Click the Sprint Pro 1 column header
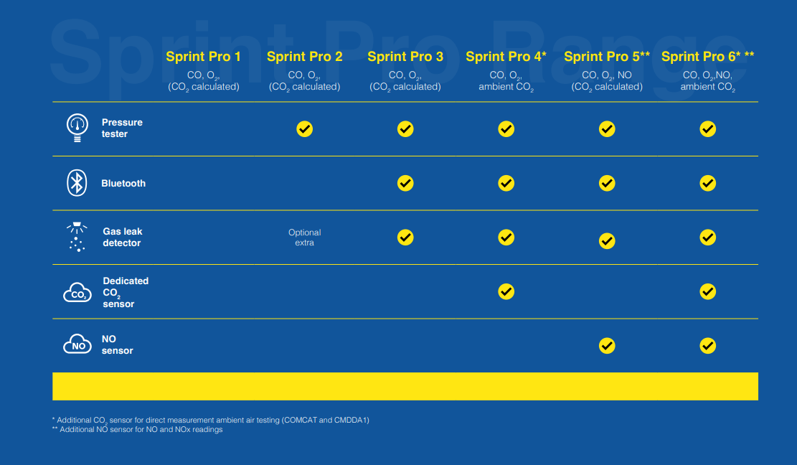[203, 57]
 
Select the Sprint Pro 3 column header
[405, 57]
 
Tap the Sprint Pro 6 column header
[707, 57]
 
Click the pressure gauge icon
[77, 128]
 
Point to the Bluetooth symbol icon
[77, 183]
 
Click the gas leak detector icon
[77, 237]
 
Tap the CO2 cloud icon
[77, 292]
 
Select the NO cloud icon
[77, 344]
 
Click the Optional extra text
[304, 238]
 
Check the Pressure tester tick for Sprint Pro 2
[304, 129]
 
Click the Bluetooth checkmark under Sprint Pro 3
[405, 183]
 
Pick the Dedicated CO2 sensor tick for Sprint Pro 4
[506, 292]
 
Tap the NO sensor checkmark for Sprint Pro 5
[607, 346]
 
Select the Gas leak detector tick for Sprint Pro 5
[607, 241]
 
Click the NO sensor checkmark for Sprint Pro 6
[707, 346]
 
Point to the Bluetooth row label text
[123, 184]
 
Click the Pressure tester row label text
[122, 128]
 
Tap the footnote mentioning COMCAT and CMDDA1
[210, 421]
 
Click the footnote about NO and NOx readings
[137, 429]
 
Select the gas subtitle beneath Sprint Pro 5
[607, 81]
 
